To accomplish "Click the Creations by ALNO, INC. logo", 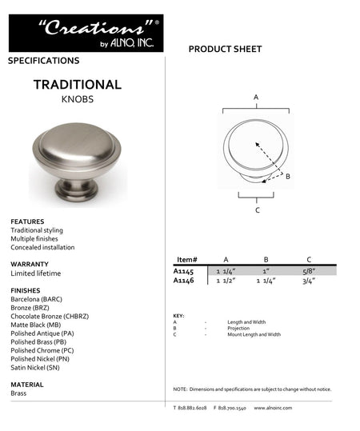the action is coord(86,33).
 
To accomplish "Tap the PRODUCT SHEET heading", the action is coord(225,50).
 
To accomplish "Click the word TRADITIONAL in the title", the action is coord(78,85).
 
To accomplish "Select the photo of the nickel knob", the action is coord(78,160).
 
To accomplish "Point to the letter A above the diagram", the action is coord(256,97).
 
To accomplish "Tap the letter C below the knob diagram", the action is coord(257,210).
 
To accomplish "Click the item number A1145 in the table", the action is coord(184,271).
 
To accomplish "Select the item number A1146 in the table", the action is coord(184,281).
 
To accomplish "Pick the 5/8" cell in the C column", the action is coord(309,271).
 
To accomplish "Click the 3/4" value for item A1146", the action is coord(309,281).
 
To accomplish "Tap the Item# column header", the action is coord(186,260).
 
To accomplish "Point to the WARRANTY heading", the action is coord(30,264).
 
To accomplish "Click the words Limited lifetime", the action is coord(38,273).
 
